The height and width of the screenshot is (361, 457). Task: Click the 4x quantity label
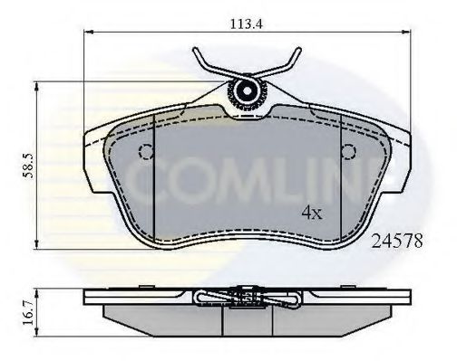pyautogui.click(x=312, y=214)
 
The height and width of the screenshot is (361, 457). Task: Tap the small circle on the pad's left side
pyautogui.click(x=143, y=151)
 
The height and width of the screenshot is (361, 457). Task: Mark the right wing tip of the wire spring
pyautogui.click(x=299, y=52)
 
